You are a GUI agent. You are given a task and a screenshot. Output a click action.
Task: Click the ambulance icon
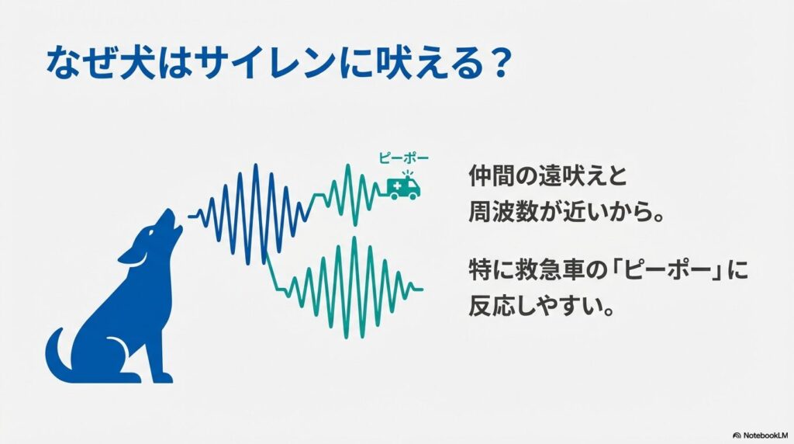[403, 187]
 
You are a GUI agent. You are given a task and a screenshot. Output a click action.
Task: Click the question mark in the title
[496, 62]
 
